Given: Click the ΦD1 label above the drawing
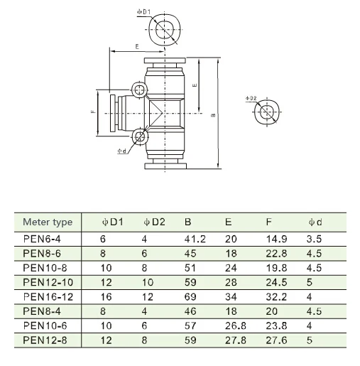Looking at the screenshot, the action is point(143,12).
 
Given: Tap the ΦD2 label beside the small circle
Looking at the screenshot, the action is point(251,98).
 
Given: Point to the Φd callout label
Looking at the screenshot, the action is point(122,151).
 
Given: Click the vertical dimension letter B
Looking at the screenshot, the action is point(213,115).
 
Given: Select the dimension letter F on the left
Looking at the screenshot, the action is point(93,112).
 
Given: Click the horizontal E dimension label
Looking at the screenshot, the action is point(137,47).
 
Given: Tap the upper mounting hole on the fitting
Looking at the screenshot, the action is point(139,90).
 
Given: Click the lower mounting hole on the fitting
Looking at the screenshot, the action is point(139,136).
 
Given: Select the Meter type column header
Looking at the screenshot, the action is point(48,222).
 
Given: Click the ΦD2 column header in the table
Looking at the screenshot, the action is point(154,222).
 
